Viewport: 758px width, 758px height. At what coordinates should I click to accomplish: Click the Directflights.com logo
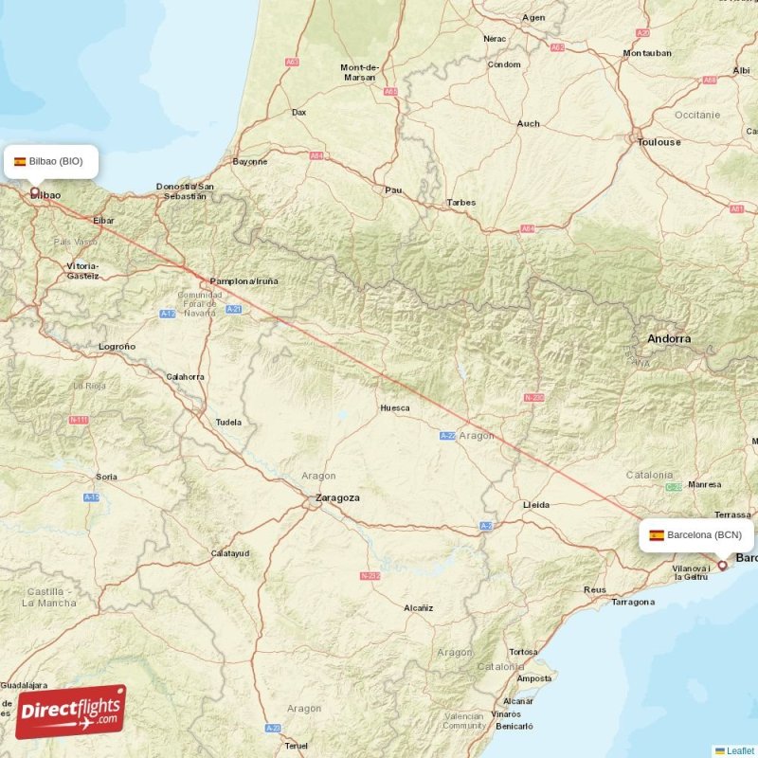tap(70, 712)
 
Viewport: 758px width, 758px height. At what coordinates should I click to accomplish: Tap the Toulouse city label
tap(659, 142)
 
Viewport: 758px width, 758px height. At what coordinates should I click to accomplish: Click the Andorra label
tap(669, 338)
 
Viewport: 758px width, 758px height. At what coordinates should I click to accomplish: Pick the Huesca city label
tap(395, 408)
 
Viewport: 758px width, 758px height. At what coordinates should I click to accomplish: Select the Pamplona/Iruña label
tap(244, 281)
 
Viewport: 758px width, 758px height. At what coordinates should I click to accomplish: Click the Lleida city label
tap(536, 505)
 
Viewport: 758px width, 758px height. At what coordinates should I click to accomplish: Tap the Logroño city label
tap(117, 347)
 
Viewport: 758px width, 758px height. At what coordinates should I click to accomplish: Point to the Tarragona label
tap(633, 602)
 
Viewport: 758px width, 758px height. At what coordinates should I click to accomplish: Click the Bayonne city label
tap(250, 161)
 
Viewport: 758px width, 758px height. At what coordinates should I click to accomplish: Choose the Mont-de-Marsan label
tap(359, 72)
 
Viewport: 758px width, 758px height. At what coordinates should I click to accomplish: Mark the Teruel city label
tap(296, 746)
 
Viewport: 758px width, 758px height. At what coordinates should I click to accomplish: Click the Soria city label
tap(107, 476)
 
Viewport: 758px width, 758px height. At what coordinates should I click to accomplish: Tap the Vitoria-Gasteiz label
tap(82, 271)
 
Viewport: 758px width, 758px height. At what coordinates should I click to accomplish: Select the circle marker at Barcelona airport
tap(722, 565)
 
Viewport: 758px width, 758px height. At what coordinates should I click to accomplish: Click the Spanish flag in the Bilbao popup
tap(20, 161)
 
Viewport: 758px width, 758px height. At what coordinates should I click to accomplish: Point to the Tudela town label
tap(228, 422)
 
